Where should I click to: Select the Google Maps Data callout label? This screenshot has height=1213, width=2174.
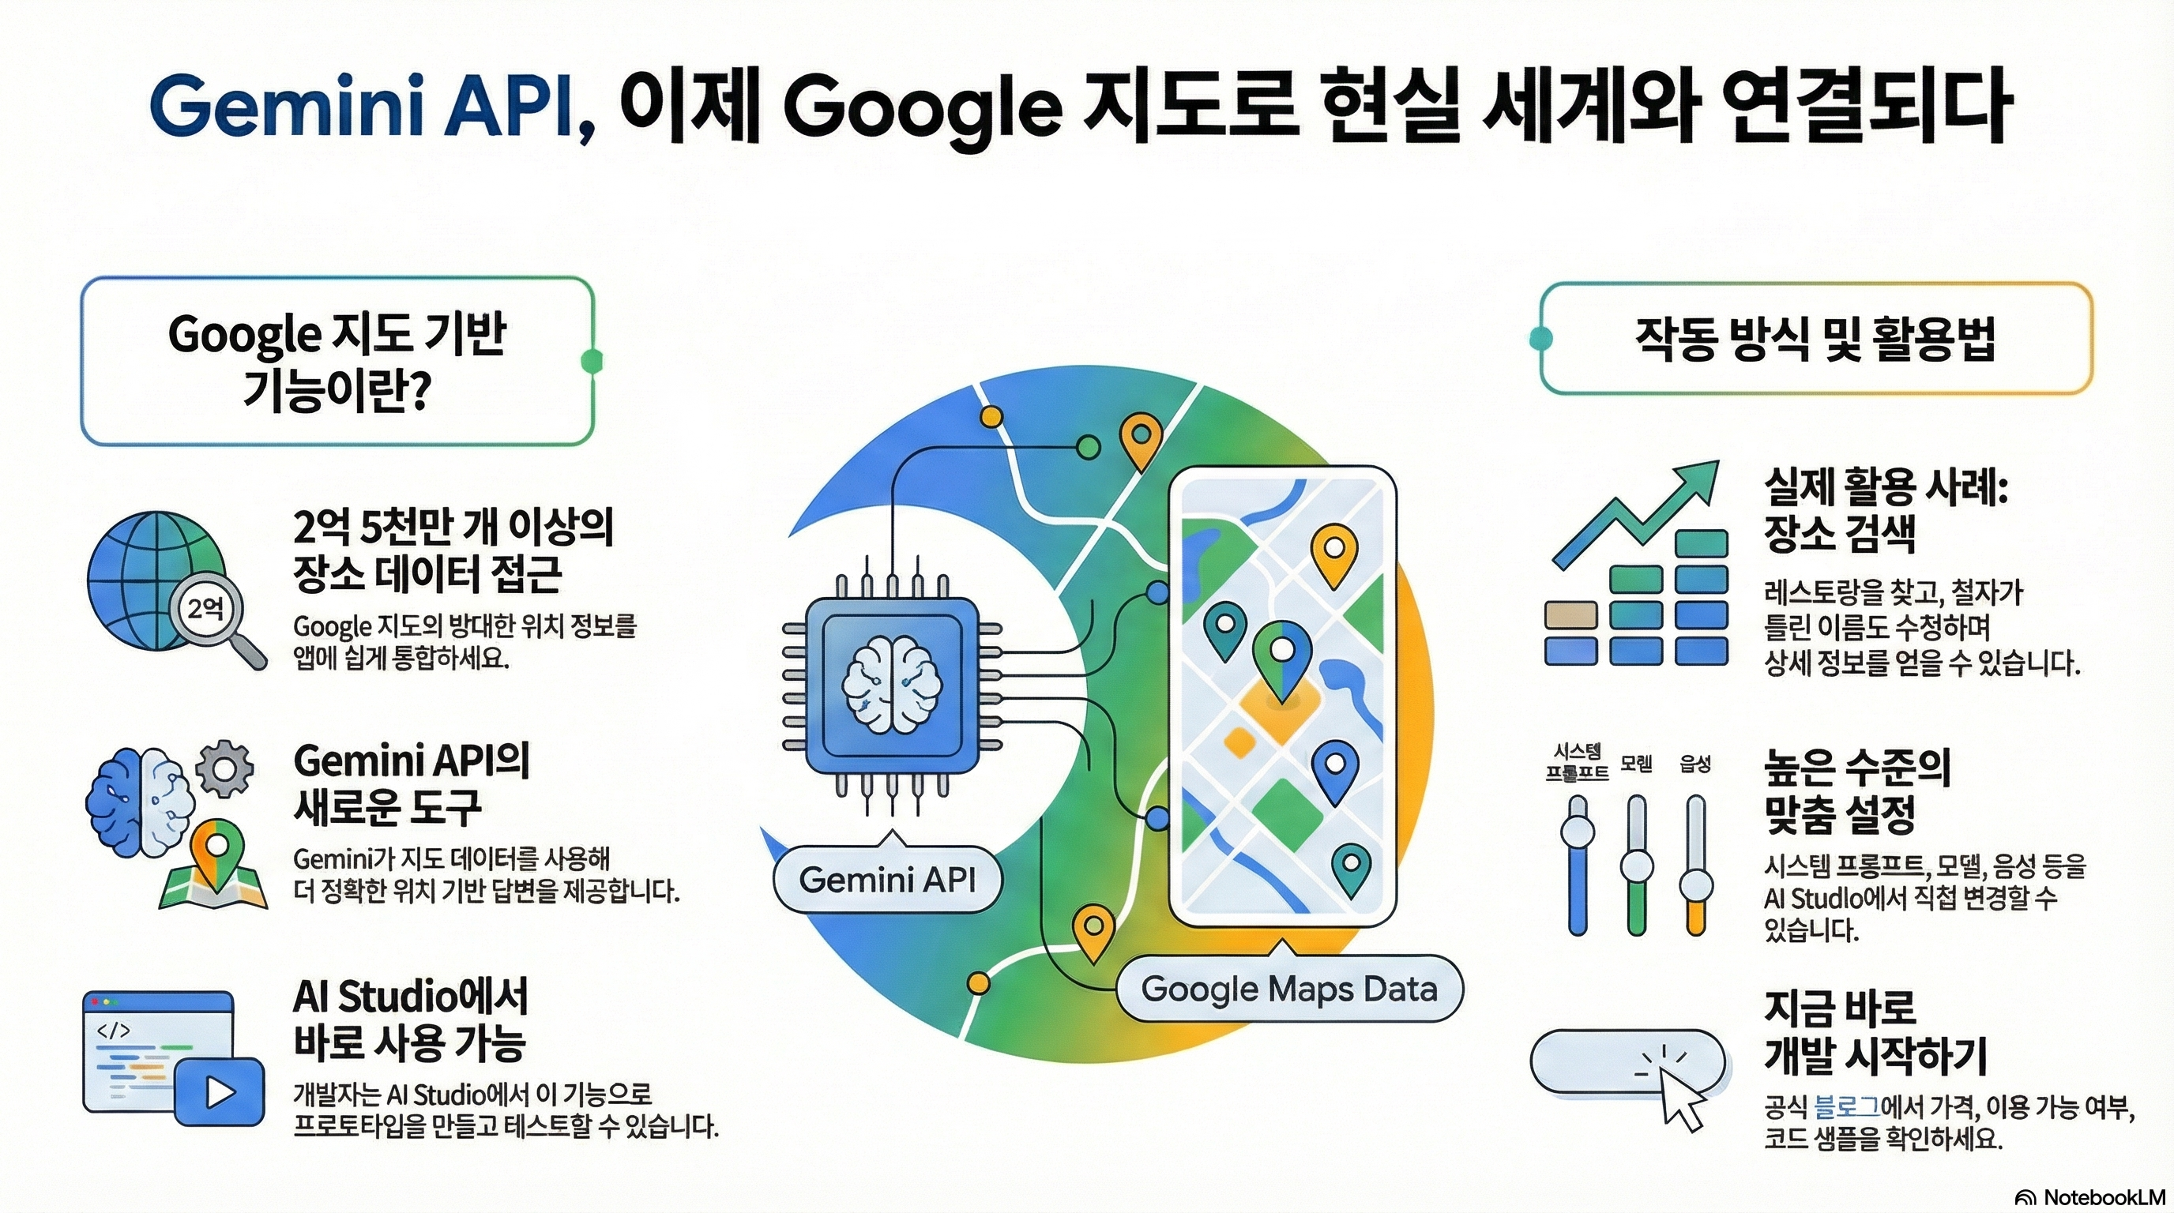(1288, 989)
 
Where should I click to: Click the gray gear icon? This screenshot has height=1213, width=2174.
(224, 768)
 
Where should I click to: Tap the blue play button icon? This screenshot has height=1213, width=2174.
(220, 1092)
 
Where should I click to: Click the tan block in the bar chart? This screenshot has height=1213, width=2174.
(1570, 615)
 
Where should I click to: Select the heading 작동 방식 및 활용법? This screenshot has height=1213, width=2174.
(1815, 339)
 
